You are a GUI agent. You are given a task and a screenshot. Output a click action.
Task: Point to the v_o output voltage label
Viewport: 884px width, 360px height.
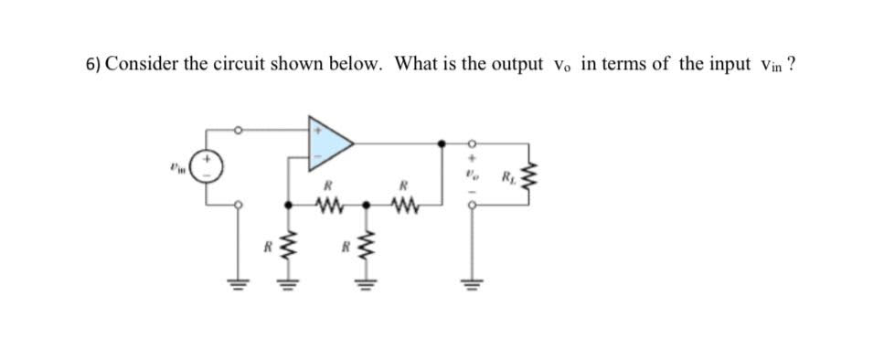(473, 170)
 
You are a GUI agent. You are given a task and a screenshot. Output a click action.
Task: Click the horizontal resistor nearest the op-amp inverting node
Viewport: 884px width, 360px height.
(327, 204)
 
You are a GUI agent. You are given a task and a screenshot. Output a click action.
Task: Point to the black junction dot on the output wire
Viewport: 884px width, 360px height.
(443, 143)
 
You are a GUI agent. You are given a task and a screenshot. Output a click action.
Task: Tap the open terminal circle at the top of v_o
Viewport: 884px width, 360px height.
(473, 143)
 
